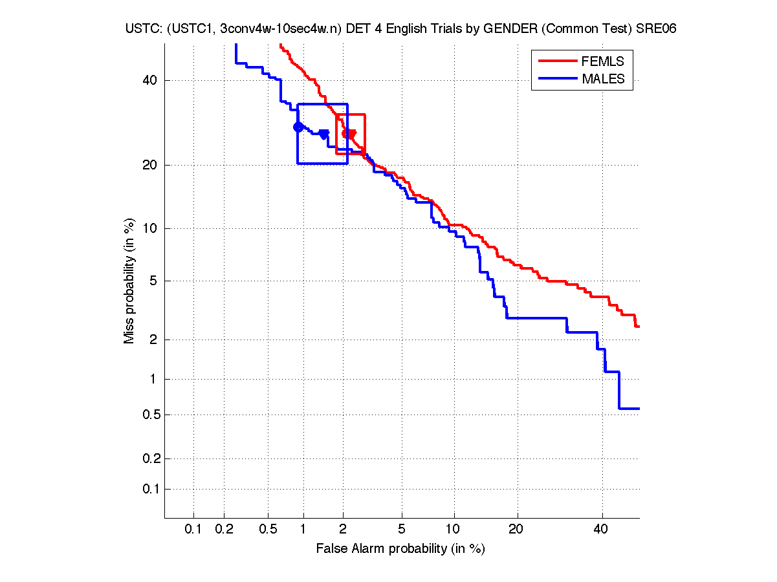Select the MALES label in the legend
[603, 79]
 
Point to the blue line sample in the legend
[557, 79]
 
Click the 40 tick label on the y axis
[151, 80]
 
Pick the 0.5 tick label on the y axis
[148, 415]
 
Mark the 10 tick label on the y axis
[151, 228]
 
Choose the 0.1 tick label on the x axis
[193, 529]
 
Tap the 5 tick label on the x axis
[402, 529]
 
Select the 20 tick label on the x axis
[516, 529]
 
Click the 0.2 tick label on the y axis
[148, 459]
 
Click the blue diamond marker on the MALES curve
[298, 127]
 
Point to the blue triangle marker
[324, 134]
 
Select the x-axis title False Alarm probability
[400, 549]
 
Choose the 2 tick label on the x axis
[343, 529]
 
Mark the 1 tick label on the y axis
[153, 380]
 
